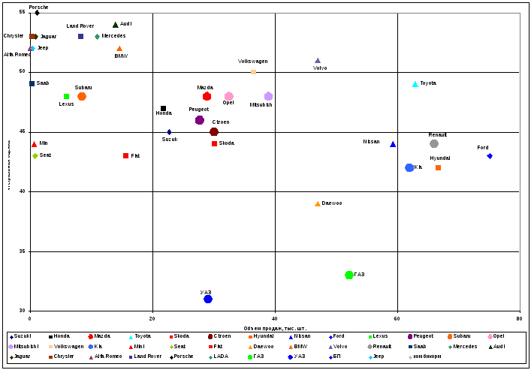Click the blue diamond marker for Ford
tap(490, 156)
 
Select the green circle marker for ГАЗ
tap(349, 275)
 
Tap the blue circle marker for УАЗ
tap(208, 299)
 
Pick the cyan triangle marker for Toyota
tap(415, 84)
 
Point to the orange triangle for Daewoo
tap(318, 203)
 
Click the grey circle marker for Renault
tap(434, 144)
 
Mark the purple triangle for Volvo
tap(318, 61)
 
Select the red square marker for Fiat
tap(126, 156)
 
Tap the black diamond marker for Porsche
tap(37, 13)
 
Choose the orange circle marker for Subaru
tap(82, 97)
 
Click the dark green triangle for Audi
tap(116, 25)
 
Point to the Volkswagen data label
tap(252, 62)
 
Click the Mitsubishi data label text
tap(261, 105)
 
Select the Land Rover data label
tap(80, 26)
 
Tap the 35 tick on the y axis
tap(23, 251)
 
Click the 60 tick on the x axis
tap(397, 319)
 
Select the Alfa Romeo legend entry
tap(107, 356)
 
